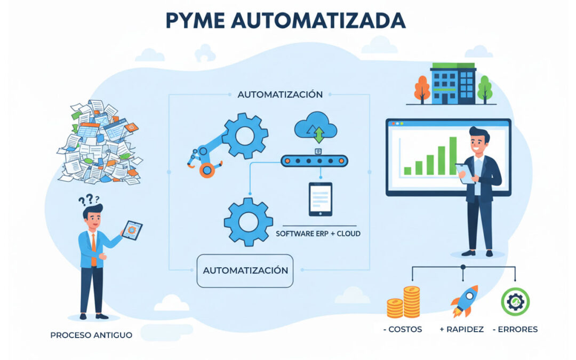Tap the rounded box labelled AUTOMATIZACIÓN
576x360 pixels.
coord(245,270)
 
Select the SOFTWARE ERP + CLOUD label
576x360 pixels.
coord(317,234)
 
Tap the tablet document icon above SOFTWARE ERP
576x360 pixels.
coord(320,199)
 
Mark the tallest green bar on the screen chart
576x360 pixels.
coord(453,156)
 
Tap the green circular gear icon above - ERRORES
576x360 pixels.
coord(515,302)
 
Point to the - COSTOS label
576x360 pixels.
coord(403,329)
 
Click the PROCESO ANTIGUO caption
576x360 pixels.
coord(91,335)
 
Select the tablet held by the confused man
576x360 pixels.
coord(131,230)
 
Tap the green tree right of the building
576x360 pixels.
coord(485,88)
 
